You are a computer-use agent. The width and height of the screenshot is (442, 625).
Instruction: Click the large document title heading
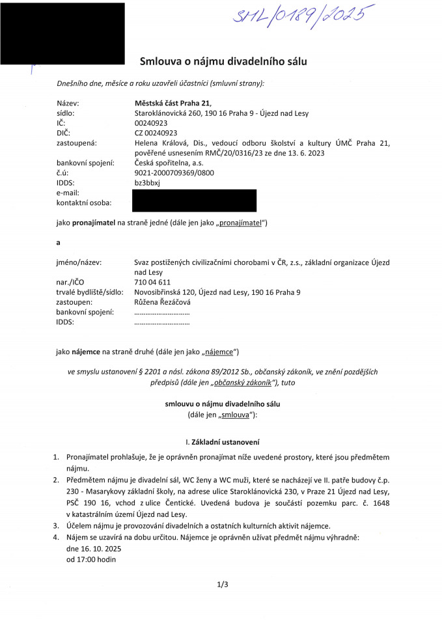tap(223, 62)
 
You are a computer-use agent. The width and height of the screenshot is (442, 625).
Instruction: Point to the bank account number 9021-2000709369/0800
tap(174, 173)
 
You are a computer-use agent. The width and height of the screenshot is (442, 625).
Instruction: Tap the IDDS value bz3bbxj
tap(146, 182)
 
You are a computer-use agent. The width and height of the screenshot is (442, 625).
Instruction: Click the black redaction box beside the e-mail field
tap(193, 200)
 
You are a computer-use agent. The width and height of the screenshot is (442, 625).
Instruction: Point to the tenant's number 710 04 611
tap(152, 282)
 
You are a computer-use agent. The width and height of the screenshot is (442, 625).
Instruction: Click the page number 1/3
tap(223, 585)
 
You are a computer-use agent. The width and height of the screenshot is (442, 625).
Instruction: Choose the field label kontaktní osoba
tap(84, 203)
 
